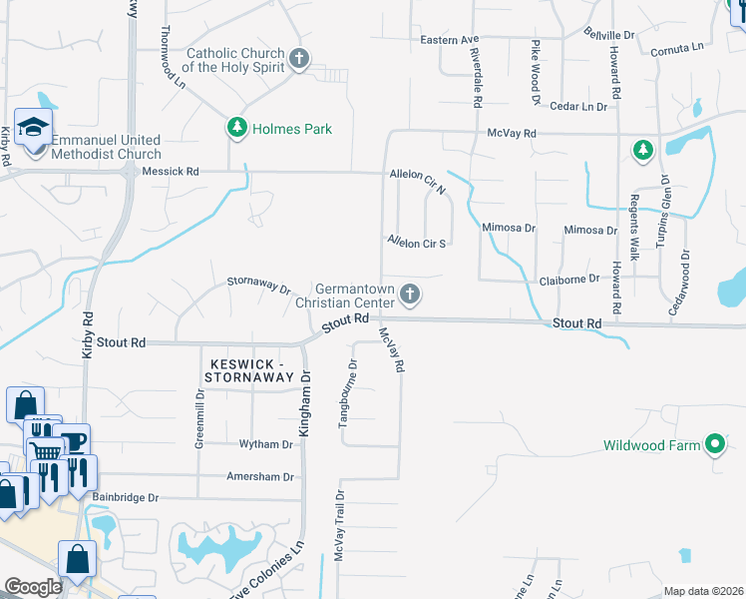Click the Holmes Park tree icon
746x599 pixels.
pyautogui.click(x=237, y=128)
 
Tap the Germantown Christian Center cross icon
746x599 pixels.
pyautogui.click(x=409, y=294)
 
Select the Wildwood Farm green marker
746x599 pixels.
pyautogui.click(x=714, y=444)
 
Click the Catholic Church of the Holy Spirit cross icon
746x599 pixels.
pyautogui.click(x=298, y=59)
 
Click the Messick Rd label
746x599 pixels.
pyautogui.click(x=171, y=172)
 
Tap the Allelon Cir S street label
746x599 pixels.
pyautogui.click(x=417, y=242)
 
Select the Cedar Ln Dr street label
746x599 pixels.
pyautogui.click(x=578, y=106)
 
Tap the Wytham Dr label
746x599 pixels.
pyautogui.click(x=264, y=443)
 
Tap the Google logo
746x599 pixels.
pyautogui.click(x=33, y=587)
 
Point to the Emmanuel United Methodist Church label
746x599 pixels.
pyautogui.click(x=106, y=148)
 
